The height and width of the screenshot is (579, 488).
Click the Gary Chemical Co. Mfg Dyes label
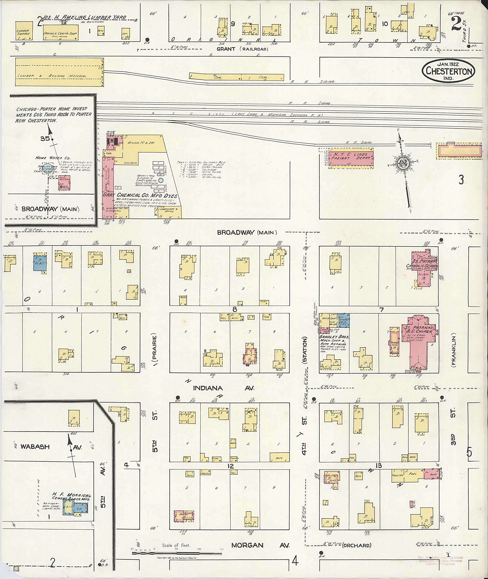pos(140,195)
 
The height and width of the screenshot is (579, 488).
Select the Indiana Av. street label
pos(223,388)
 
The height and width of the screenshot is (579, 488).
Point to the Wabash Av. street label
pos(35,446)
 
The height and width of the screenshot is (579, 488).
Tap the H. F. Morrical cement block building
pos(75,507)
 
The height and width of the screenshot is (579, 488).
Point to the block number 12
pos(230,466)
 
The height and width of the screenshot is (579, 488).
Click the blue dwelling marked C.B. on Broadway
pos(40,262)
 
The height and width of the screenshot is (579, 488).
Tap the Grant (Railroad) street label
pos(242,49)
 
